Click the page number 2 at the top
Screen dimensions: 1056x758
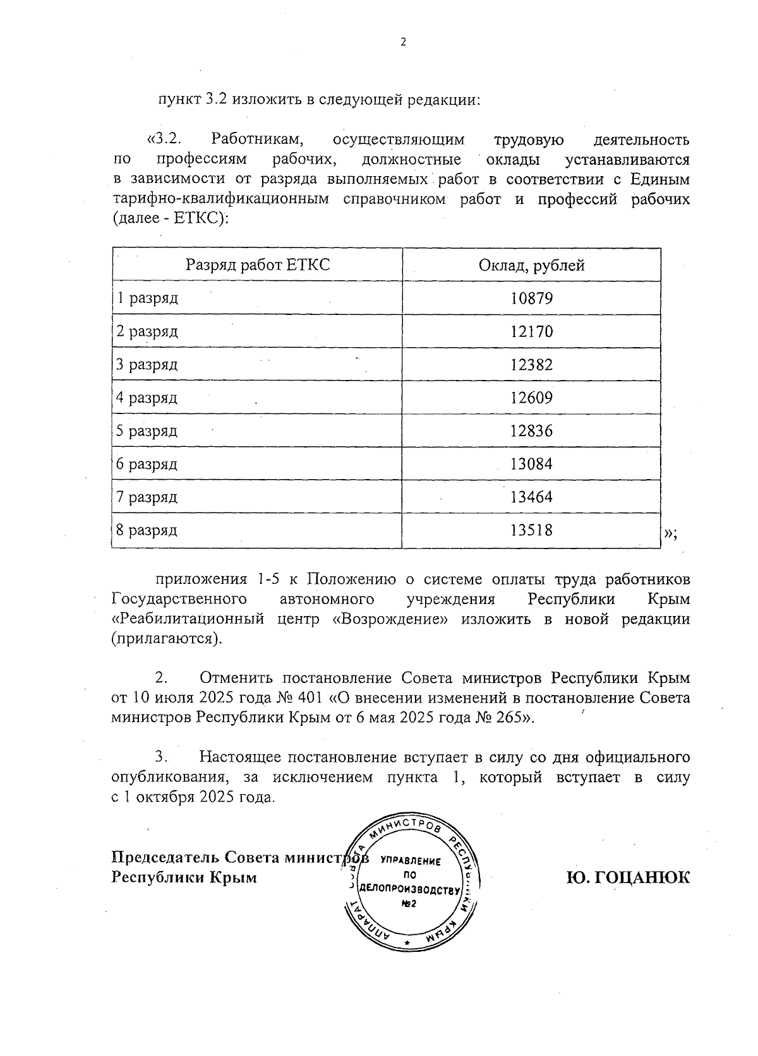tap(404, 42)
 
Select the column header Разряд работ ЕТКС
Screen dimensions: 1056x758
tap(258, 265)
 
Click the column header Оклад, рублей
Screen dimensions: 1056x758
tap(531, 265)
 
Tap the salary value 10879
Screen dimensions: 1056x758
tap(531, 298)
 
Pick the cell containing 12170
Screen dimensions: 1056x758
tap(531, 331)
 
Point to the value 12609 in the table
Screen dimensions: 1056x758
tap(531, 398)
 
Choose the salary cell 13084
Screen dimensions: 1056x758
tap(531, 464)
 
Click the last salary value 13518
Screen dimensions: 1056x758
tap(531, 530)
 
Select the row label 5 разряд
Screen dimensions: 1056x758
tap(147, 431)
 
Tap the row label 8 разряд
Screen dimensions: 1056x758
tap(147, 530)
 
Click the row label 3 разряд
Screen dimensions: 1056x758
tap(147, 365)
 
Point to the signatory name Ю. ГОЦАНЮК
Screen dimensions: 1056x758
tap(628, 877)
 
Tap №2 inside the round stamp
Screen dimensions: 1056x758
tap(409, 904)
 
